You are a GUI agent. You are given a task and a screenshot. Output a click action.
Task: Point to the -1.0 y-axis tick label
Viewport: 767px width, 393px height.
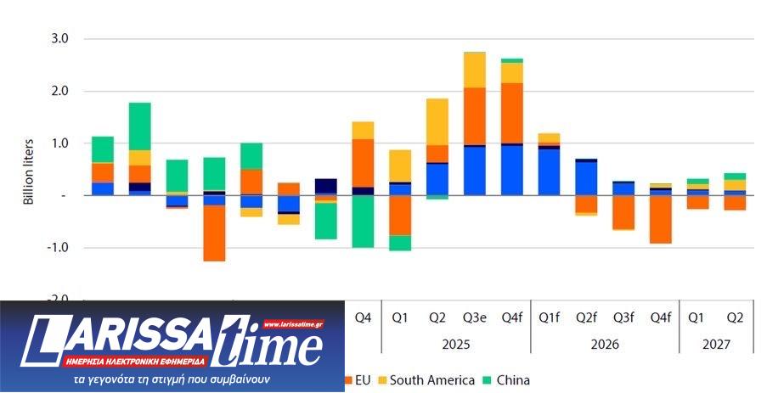[x=60, y=248]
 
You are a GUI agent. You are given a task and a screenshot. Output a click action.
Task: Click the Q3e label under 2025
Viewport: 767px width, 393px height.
[x=474, y=318]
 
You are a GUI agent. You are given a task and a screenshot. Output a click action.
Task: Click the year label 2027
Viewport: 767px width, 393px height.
[x=715, y=345]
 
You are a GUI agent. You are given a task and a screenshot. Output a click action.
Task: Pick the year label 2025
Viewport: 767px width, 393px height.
[x=455, y=345]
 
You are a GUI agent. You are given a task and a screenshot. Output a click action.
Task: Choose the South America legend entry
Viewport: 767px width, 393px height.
[x=431, y=379]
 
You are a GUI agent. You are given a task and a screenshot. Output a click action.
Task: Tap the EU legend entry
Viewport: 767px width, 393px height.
[x=361, y=379]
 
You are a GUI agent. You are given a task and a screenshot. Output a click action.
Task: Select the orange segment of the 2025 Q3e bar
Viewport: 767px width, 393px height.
[x=474, y=115]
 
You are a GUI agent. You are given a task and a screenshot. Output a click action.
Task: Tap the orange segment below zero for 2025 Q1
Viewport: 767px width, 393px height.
[x=400, y=215]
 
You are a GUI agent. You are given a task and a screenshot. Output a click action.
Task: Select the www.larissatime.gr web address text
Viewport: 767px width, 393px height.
[x=293, y=323]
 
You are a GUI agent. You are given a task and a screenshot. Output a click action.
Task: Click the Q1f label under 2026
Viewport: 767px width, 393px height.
[x=549, y=318]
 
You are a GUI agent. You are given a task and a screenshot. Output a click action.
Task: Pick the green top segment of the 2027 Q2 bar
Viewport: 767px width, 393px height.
[x=734, y=177]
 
